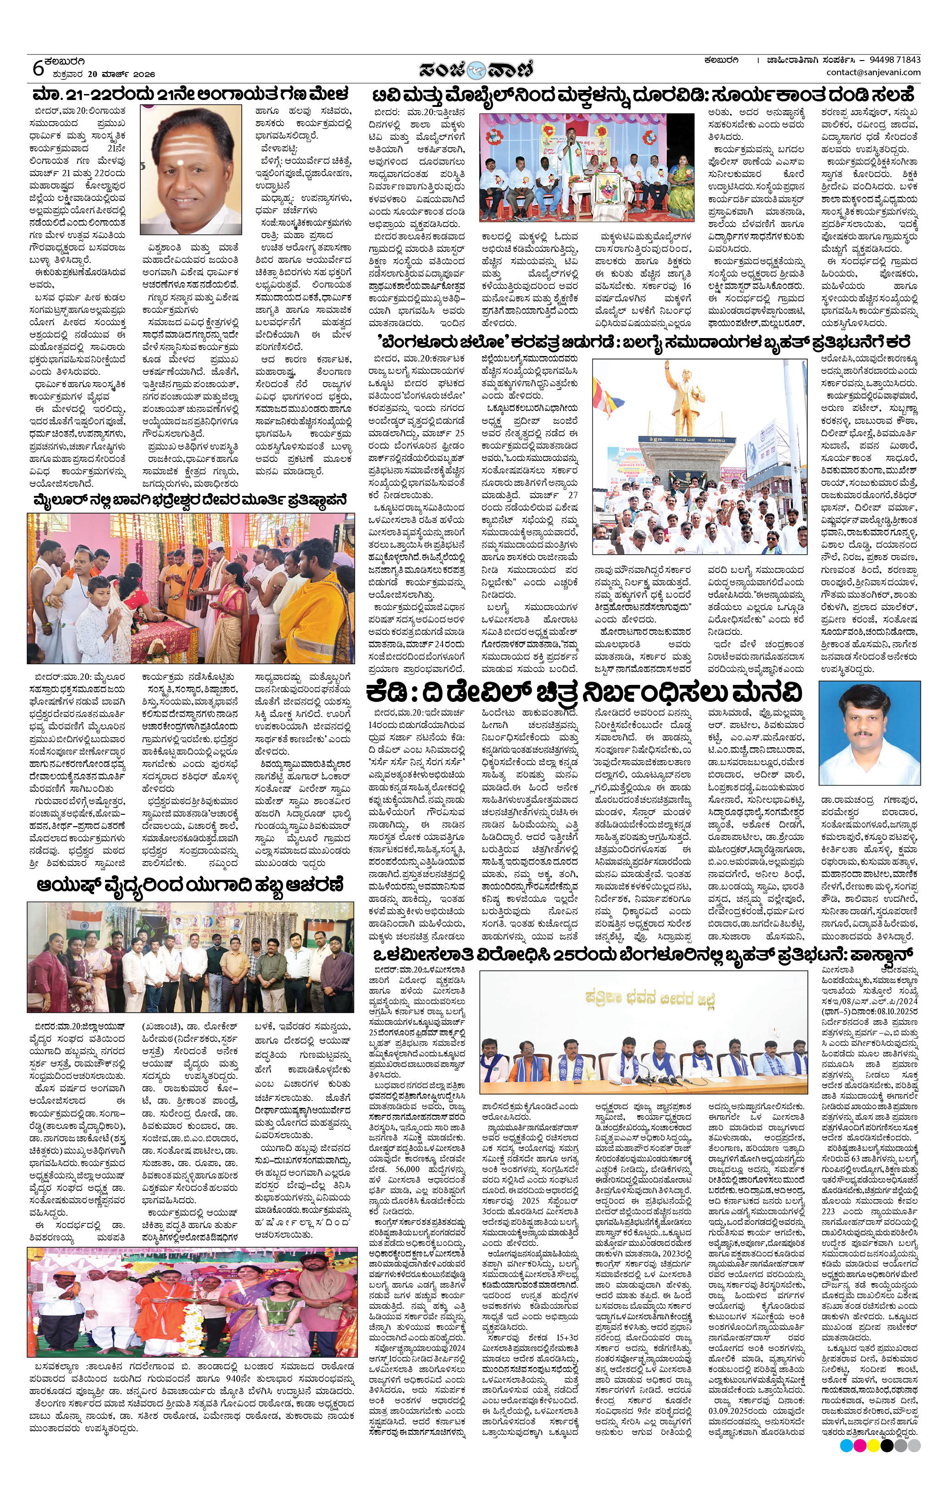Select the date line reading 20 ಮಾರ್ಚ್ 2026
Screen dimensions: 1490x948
(102, 74)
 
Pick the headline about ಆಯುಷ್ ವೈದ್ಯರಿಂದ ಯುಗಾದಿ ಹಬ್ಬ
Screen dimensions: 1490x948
(190, 884)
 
